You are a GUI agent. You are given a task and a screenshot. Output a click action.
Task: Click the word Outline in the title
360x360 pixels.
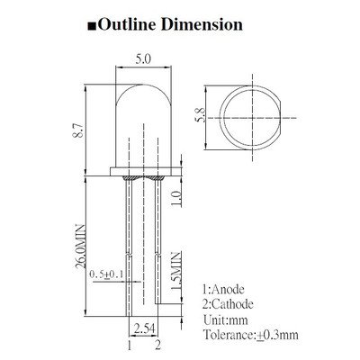click(128, 24)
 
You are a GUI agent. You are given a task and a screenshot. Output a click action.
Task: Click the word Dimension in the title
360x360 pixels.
click(202, 24)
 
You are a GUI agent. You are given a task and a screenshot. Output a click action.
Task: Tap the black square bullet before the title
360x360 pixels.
click(92, 26)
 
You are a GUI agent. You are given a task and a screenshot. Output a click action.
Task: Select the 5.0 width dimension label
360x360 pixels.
click(143, 59)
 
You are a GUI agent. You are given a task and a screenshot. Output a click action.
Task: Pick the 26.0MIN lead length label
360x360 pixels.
click(80, 247)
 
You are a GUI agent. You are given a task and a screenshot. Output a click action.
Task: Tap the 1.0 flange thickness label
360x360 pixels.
click(176, 199)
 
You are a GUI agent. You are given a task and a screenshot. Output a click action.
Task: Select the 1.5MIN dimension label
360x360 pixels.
click(176, 271)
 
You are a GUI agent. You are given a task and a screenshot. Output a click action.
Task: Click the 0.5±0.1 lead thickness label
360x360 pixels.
click(106, 274)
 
